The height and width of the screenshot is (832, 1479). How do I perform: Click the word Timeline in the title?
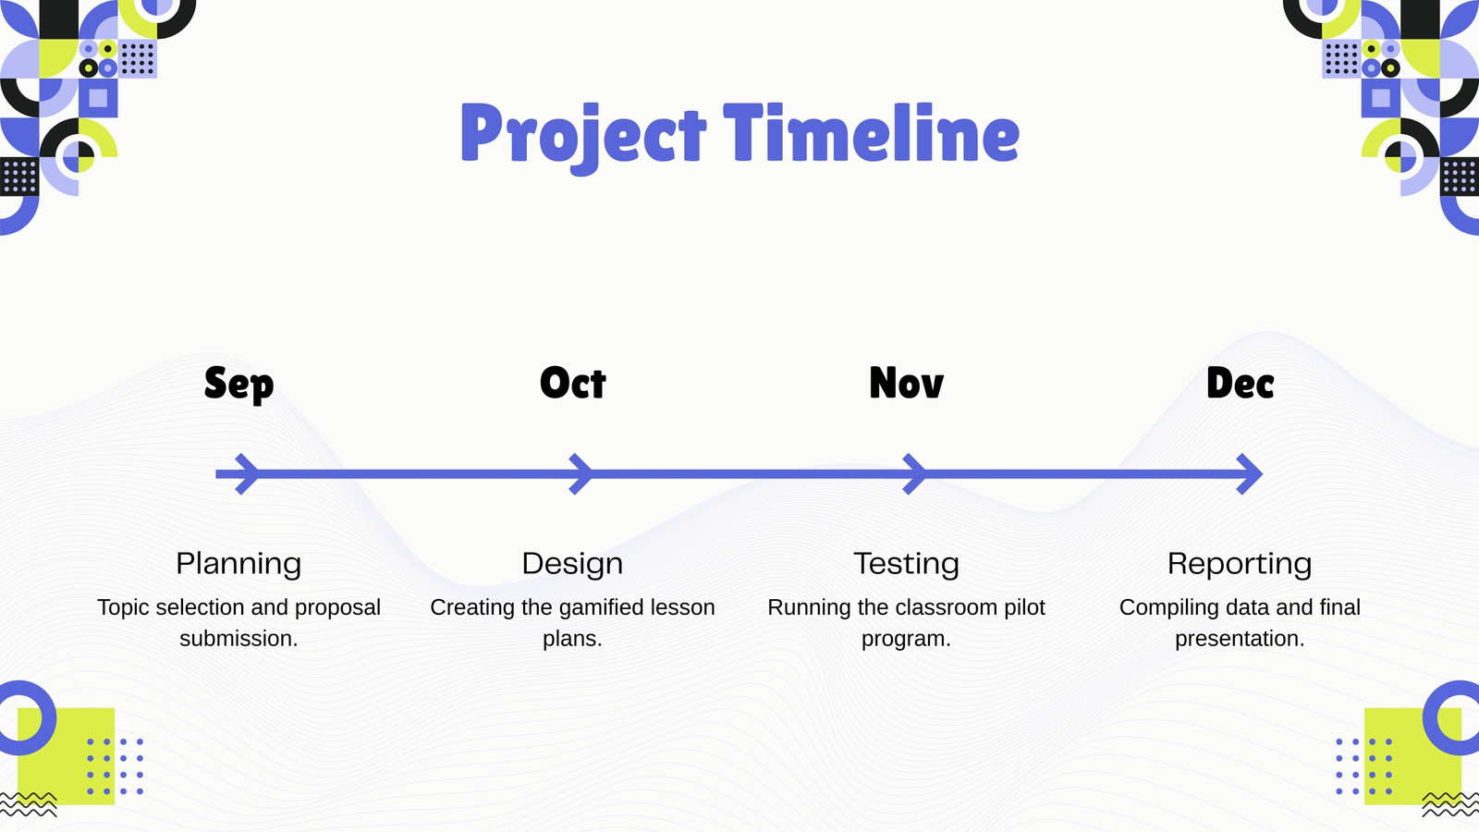tap(872, 132)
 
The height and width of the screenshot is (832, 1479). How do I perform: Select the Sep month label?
tap(239, 385)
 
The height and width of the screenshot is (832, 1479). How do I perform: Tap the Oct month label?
tap(572, 383)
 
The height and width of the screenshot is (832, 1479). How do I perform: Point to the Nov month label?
tap(907, 383)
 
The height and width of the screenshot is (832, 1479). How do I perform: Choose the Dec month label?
tap(1240, 383)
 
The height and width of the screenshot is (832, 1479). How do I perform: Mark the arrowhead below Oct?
tap(581, 474)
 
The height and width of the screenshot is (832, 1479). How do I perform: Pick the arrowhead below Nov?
tap(915, 474)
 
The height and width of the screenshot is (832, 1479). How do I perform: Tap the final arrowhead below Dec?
tap(1250, 474)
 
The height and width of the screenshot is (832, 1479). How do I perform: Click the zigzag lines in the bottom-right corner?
tap(1450, 804)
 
